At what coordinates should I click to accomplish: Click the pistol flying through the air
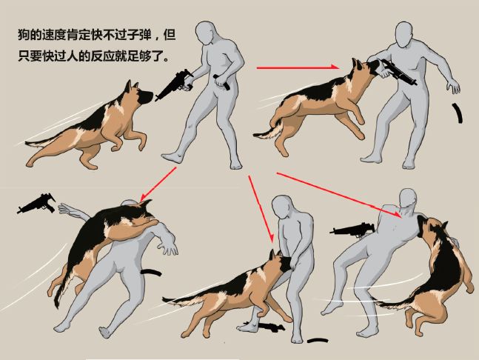pyautogui.click(x=38, y=203)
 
